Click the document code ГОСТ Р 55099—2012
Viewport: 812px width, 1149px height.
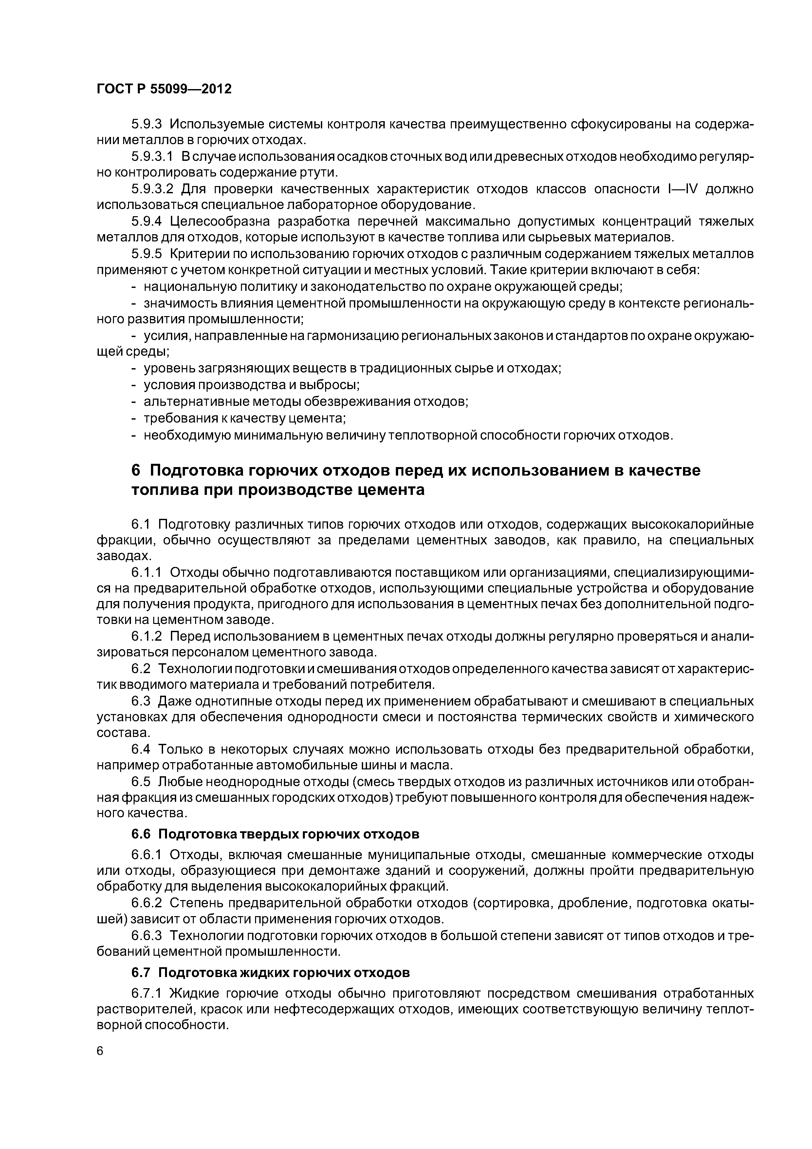tap(164, 89)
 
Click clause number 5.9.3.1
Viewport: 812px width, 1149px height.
tap(152, 157)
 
